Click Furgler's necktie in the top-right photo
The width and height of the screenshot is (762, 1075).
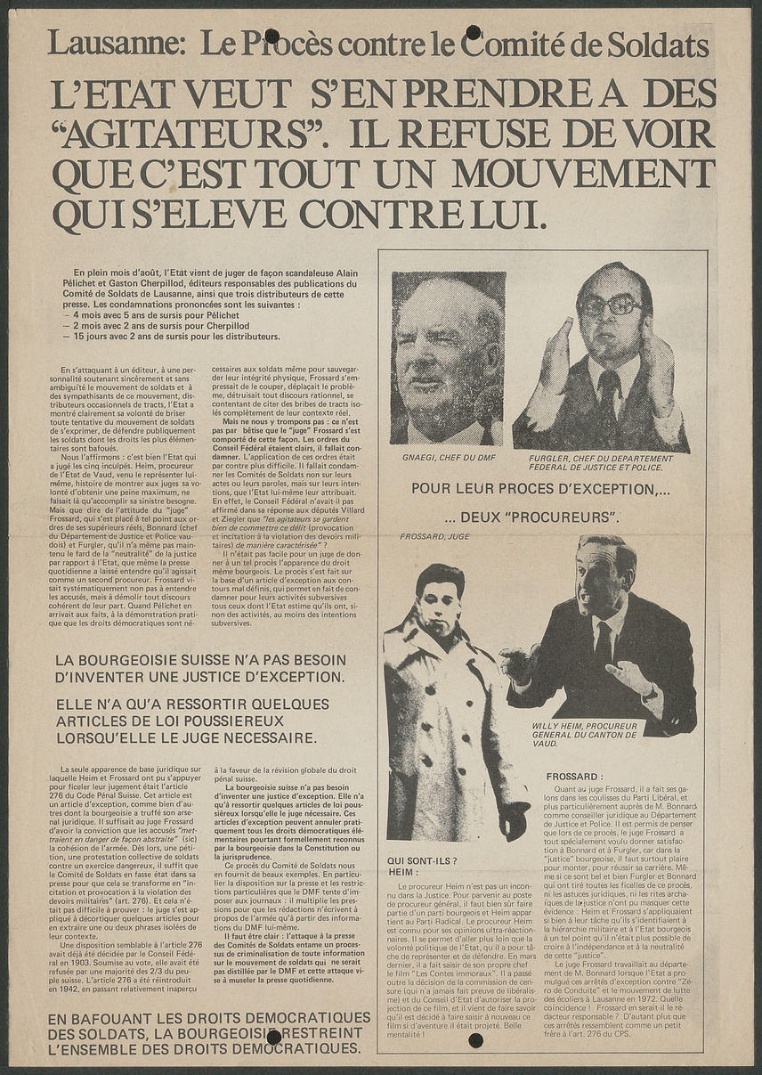point(610,391)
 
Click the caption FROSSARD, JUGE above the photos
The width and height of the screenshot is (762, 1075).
point(435,536)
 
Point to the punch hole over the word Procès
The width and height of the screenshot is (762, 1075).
point(272,36)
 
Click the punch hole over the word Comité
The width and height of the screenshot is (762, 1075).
point(474,33)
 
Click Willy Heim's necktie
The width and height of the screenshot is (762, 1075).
point(604,642)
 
